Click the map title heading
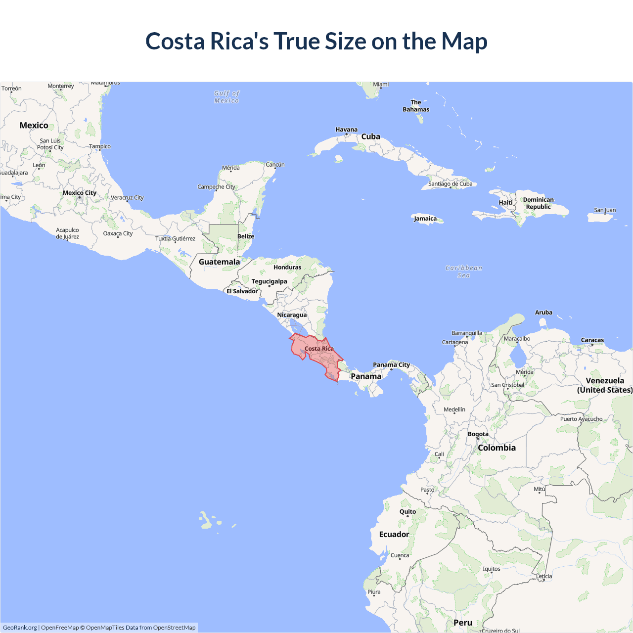[x=316, y=41]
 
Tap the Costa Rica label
[x=319, y=349]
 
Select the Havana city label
[x=346, y=130]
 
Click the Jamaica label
[x=425, y=219]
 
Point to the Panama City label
[x=391, y=365]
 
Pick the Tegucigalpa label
[x=269, y=281]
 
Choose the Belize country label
[x=246, y=236]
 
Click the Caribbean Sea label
[x=463, y=271]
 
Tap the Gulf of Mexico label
[x=226, y=97]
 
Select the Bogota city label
[x=478, y=434]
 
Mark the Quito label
[x=407, y=512]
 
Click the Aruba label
[x=543, y=313]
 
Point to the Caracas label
[x=592, y=340]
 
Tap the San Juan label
[x=605, y=210]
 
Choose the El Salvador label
[x=242, y=291]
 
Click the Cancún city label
[x=275, y=165]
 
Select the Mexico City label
[x=79, y=193]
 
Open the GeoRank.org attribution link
[x=20, y=628]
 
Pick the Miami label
[x=381, y=85]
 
